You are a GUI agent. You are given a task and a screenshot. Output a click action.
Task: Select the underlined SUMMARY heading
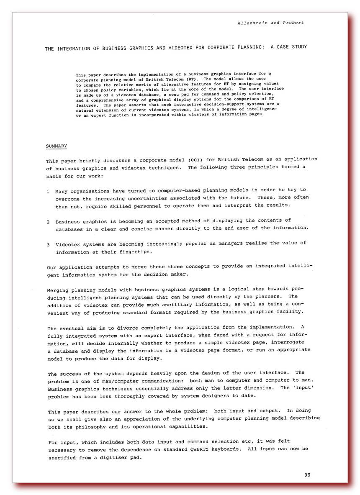(56, 146)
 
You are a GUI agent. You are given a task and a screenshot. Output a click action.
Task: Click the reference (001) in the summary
(196, 159)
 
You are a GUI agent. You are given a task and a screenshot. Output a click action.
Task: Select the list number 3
(48, 244)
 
